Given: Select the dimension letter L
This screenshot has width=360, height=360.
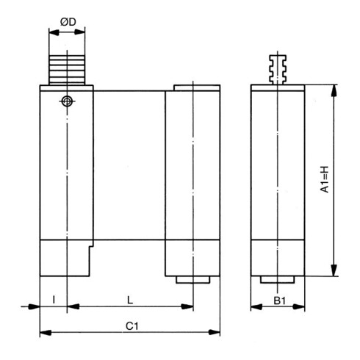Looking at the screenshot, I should coord(129,299).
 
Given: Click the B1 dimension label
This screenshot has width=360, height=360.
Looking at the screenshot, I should coord(279,299).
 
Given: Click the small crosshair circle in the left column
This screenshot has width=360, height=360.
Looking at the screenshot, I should coord(67,101).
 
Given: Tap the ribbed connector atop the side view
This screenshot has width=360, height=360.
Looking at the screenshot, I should coord(278,68).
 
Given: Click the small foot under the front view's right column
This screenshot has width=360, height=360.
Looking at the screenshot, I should coord(192,279).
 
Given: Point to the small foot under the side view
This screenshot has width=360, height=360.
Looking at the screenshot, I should coord(278,279).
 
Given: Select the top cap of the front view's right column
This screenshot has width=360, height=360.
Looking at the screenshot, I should coord(196,88).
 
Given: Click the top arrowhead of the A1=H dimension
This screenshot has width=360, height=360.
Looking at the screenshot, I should coord(335,90).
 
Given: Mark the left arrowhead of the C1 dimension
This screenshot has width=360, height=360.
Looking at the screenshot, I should coord(43,333).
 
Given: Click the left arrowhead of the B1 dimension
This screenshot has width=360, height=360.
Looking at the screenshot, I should coord(256,307).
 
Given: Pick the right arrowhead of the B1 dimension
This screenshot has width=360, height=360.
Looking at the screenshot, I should coord(301,307).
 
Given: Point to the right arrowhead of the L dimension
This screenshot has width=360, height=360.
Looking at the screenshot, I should coord(189,307).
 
